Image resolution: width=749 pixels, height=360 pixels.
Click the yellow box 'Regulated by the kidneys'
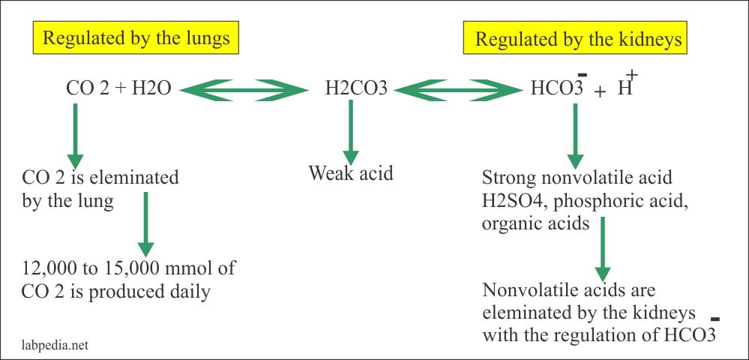tap(581, 38)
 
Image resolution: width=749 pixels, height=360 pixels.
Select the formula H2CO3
tap(356, 90)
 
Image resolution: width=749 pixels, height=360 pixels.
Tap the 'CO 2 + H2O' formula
tap(119, 90)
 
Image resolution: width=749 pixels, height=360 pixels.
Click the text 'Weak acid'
tap(351, 174)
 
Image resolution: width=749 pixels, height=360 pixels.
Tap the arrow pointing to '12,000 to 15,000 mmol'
tap(146, 224)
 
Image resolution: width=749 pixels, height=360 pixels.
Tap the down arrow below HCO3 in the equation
tap(574, 135)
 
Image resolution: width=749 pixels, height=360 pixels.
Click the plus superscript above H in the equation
tap(631, 74)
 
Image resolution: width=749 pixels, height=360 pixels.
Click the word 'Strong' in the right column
tap(507, 179)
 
